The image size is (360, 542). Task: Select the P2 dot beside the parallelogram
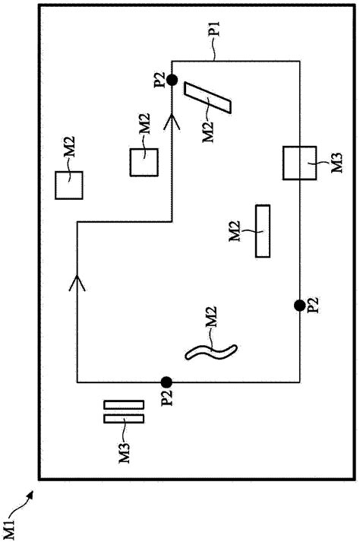172,79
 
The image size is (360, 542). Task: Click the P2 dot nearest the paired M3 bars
166,382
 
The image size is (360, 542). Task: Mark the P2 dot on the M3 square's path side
300,305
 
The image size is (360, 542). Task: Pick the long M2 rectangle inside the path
264,231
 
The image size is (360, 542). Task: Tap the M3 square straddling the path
299,163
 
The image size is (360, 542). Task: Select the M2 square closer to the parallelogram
144,162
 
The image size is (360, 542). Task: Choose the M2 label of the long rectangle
234,231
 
